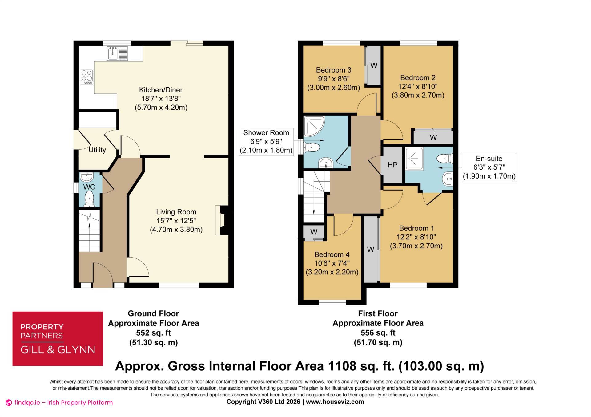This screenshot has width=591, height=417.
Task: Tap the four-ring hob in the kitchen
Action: (x=86, y=77)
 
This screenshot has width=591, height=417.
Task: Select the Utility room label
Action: (x=97, y=150)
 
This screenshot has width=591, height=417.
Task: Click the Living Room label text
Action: (x=176, y=212)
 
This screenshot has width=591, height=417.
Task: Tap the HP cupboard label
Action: (x=392, y=165)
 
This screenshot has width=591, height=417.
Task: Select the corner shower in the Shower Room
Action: (x=314, y=126)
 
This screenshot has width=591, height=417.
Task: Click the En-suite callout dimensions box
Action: (x=489, y=167)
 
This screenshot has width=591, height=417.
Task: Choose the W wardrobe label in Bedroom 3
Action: (x=374, y=65)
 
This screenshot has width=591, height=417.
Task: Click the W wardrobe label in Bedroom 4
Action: (x=314, y=232)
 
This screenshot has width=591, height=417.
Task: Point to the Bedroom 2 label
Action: (x=418, y=78)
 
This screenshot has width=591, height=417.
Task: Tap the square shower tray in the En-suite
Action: (x=414, y=159)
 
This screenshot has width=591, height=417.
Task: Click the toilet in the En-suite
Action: (x=444, y=159)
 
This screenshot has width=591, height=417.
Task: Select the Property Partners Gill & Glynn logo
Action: (x=58, y=339)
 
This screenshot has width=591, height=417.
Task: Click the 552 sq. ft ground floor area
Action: (x=153, y=333)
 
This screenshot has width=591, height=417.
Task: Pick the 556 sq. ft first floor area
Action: (x=378, y=333)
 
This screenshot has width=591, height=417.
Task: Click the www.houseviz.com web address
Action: (x=335, y=402)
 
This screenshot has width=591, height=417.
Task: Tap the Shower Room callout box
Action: (x=266, y=142)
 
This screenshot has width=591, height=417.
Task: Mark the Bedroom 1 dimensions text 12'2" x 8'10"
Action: (x=416, y=237)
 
